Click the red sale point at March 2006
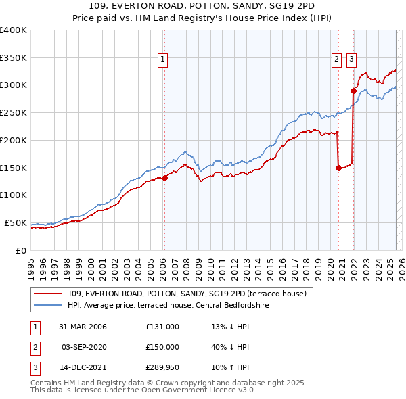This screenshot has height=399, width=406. [x=164, y=179]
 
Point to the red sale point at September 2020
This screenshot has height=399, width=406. [x=338, y=168]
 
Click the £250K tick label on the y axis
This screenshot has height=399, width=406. [x=13, y=112]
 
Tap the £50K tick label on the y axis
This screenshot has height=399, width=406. [x=16, y=222]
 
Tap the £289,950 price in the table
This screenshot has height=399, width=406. [x=162, y=369]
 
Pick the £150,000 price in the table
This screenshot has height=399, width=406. [x=162, y=348]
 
